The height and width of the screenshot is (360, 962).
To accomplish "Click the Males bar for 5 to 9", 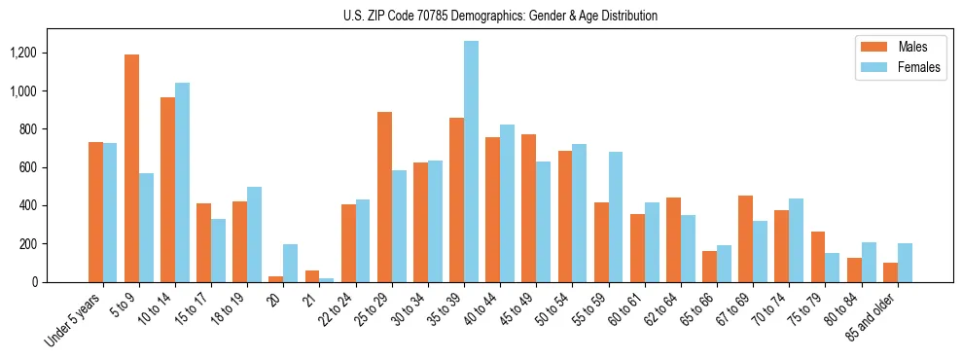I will coord(131,168).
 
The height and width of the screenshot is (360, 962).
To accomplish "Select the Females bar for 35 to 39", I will coord(471,162).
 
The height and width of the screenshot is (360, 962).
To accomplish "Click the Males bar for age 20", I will coord(276,279).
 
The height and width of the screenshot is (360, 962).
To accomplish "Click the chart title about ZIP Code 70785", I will coord(500,16).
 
